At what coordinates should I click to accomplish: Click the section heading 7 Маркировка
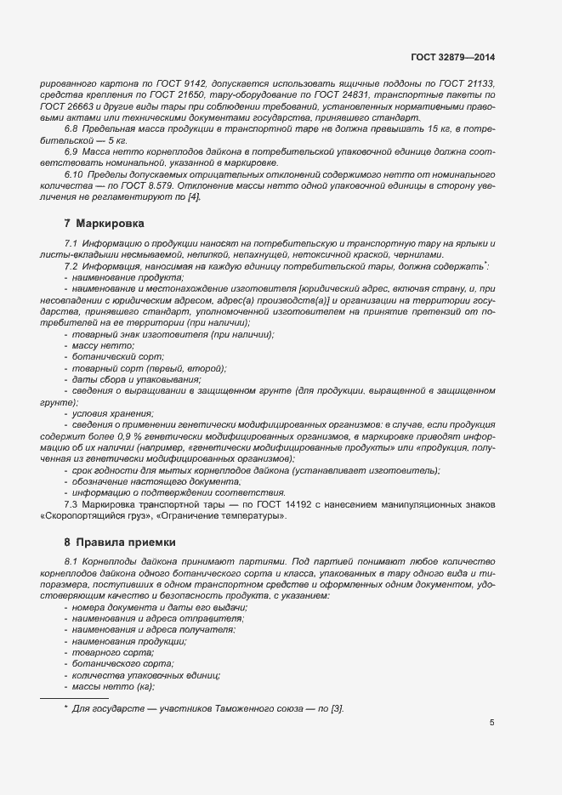pos(104,224)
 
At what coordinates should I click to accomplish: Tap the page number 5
pos(492,724)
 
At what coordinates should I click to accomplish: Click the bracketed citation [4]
pos(193,196)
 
